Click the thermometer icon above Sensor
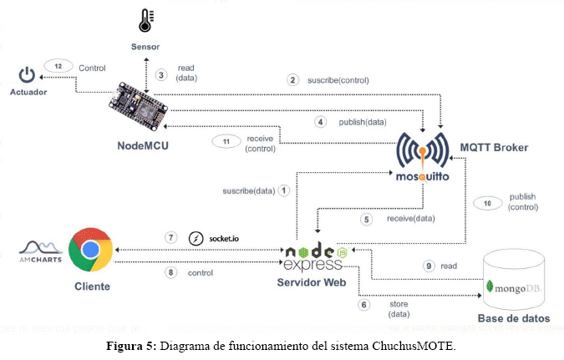pyautogui.click(x=146, y=20)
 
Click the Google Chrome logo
pyautogui.click(x=90, y=250)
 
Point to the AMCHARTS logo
pyautogui.click(x=40, y=251)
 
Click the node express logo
pyautogui.click(x=314, y=257)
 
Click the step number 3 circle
pyautogui.click(x=160, y=74)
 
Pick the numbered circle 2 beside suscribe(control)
pyautogui.click(x=292, y=80)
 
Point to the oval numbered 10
pyautogui.click(x=488, y=203)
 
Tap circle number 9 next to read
pyautogui.click(x=429, y=265)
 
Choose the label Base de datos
pyautogui.click(x=512, y=318)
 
